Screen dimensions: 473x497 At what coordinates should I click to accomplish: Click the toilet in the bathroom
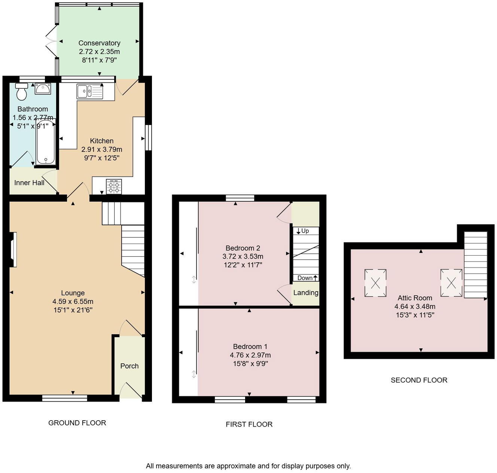22,92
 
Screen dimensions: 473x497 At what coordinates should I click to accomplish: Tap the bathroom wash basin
43,89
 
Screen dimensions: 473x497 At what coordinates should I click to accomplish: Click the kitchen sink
90,91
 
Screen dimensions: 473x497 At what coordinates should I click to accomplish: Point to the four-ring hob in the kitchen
114,186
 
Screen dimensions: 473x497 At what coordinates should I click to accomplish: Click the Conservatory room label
99,43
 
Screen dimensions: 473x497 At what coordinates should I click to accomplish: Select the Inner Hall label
29,183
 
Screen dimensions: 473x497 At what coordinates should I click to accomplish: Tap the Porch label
129,366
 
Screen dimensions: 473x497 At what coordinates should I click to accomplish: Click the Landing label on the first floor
306,293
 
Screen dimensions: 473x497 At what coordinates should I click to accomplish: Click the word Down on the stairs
305,278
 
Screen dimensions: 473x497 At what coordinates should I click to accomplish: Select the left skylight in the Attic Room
375,283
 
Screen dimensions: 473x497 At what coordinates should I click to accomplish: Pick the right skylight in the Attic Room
451,283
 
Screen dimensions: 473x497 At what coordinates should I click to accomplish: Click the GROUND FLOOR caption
77,423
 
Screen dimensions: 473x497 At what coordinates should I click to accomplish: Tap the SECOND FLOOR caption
419,380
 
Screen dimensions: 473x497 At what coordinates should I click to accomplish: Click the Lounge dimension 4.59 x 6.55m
73,302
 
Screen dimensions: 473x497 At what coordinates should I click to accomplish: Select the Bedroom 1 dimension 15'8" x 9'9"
250,364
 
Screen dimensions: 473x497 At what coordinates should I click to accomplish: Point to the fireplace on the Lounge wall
13,250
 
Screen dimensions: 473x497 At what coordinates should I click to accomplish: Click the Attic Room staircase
476,265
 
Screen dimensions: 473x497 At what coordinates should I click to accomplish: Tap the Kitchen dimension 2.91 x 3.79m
102,149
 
